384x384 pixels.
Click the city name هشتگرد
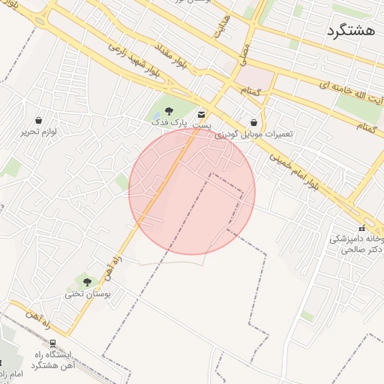(350, 31)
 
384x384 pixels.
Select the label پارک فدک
(167, 121)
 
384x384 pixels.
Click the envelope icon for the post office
(202, 114)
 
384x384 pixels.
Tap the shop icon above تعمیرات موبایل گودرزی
(253, 122)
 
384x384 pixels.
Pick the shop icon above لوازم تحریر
(38, 120)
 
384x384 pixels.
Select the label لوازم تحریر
(39, 131)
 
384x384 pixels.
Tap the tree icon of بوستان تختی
(87, 283)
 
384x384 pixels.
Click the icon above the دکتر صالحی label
(361, 228)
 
